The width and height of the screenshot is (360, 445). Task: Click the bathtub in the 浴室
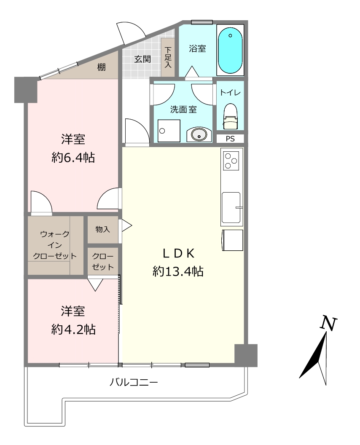[230, 50]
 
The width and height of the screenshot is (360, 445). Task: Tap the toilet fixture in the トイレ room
[230, 115]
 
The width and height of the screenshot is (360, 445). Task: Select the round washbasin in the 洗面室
[199, 134]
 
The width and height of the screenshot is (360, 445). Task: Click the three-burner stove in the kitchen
[231, 161]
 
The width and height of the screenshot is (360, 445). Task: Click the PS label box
[230, 139]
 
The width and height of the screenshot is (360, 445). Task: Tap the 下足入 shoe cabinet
[168, 57]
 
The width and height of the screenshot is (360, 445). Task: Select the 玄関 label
[142, 59]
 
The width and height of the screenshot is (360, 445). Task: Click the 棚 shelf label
[101, 67]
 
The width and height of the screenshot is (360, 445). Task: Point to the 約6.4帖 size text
[73, 157]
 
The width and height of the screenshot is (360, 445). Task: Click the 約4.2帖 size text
[73, 329]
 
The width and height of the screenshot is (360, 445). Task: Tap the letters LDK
[178, 253]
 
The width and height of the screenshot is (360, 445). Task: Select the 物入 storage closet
[103, 229]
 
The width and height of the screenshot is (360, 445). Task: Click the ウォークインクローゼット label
[55, 245]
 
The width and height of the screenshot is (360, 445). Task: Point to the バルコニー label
[134, 382]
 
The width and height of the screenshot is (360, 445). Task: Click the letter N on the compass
[328, 323]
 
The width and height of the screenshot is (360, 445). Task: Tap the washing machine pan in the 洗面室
[169, 131]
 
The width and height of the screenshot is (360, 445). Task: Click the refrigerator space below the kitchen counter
[232, 240]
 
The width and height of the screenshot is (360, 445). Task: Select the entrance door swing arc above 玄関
[131, 32]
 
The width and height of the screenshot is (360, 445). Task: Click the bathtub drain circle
[230, 36]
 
